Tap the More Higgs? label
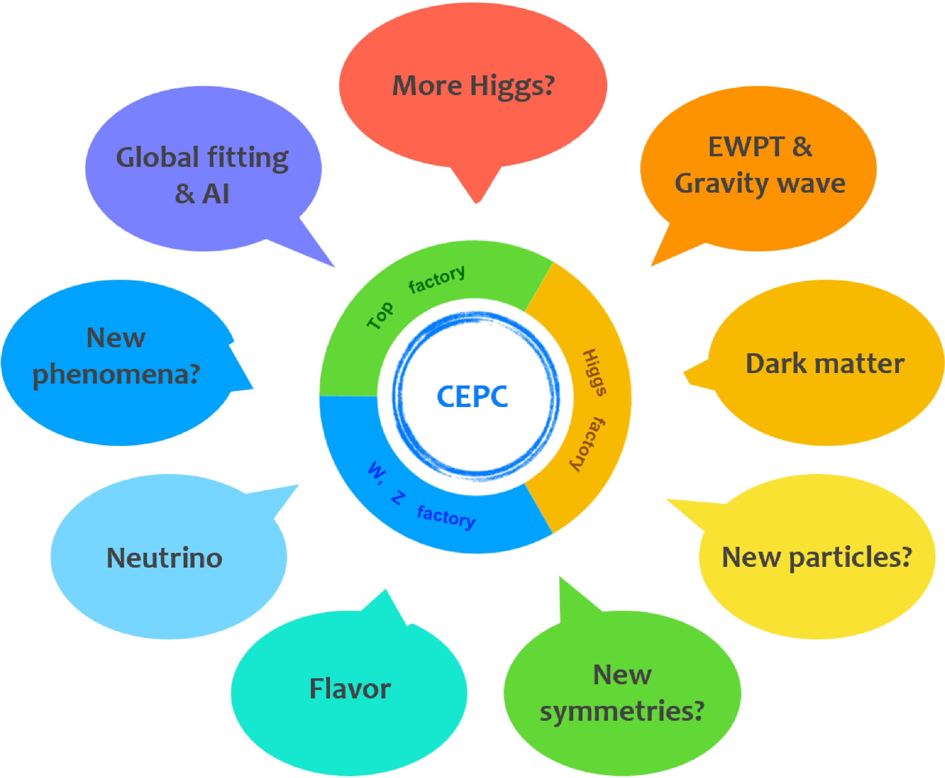pyautogui.click(x=473, y=86)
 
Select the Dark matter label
pyautogui.click(x=824, y=364)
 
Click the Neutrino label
pyautogui.click(x=164, y=558)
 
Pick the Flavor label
pyautogui.click(x=349, y=689)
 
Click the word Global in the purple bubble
pyautogui.click(x=157, y=158)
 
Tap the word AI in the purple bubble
pyautogui.click(x=216, y=194)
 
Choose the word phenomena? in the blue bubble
pyautogui.click(x=116, y=375)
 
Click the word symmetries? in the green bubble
pyautogui.click(x=622, y=711)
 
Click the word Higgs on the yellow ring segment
pyautogui.click(x=594, y=372)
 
